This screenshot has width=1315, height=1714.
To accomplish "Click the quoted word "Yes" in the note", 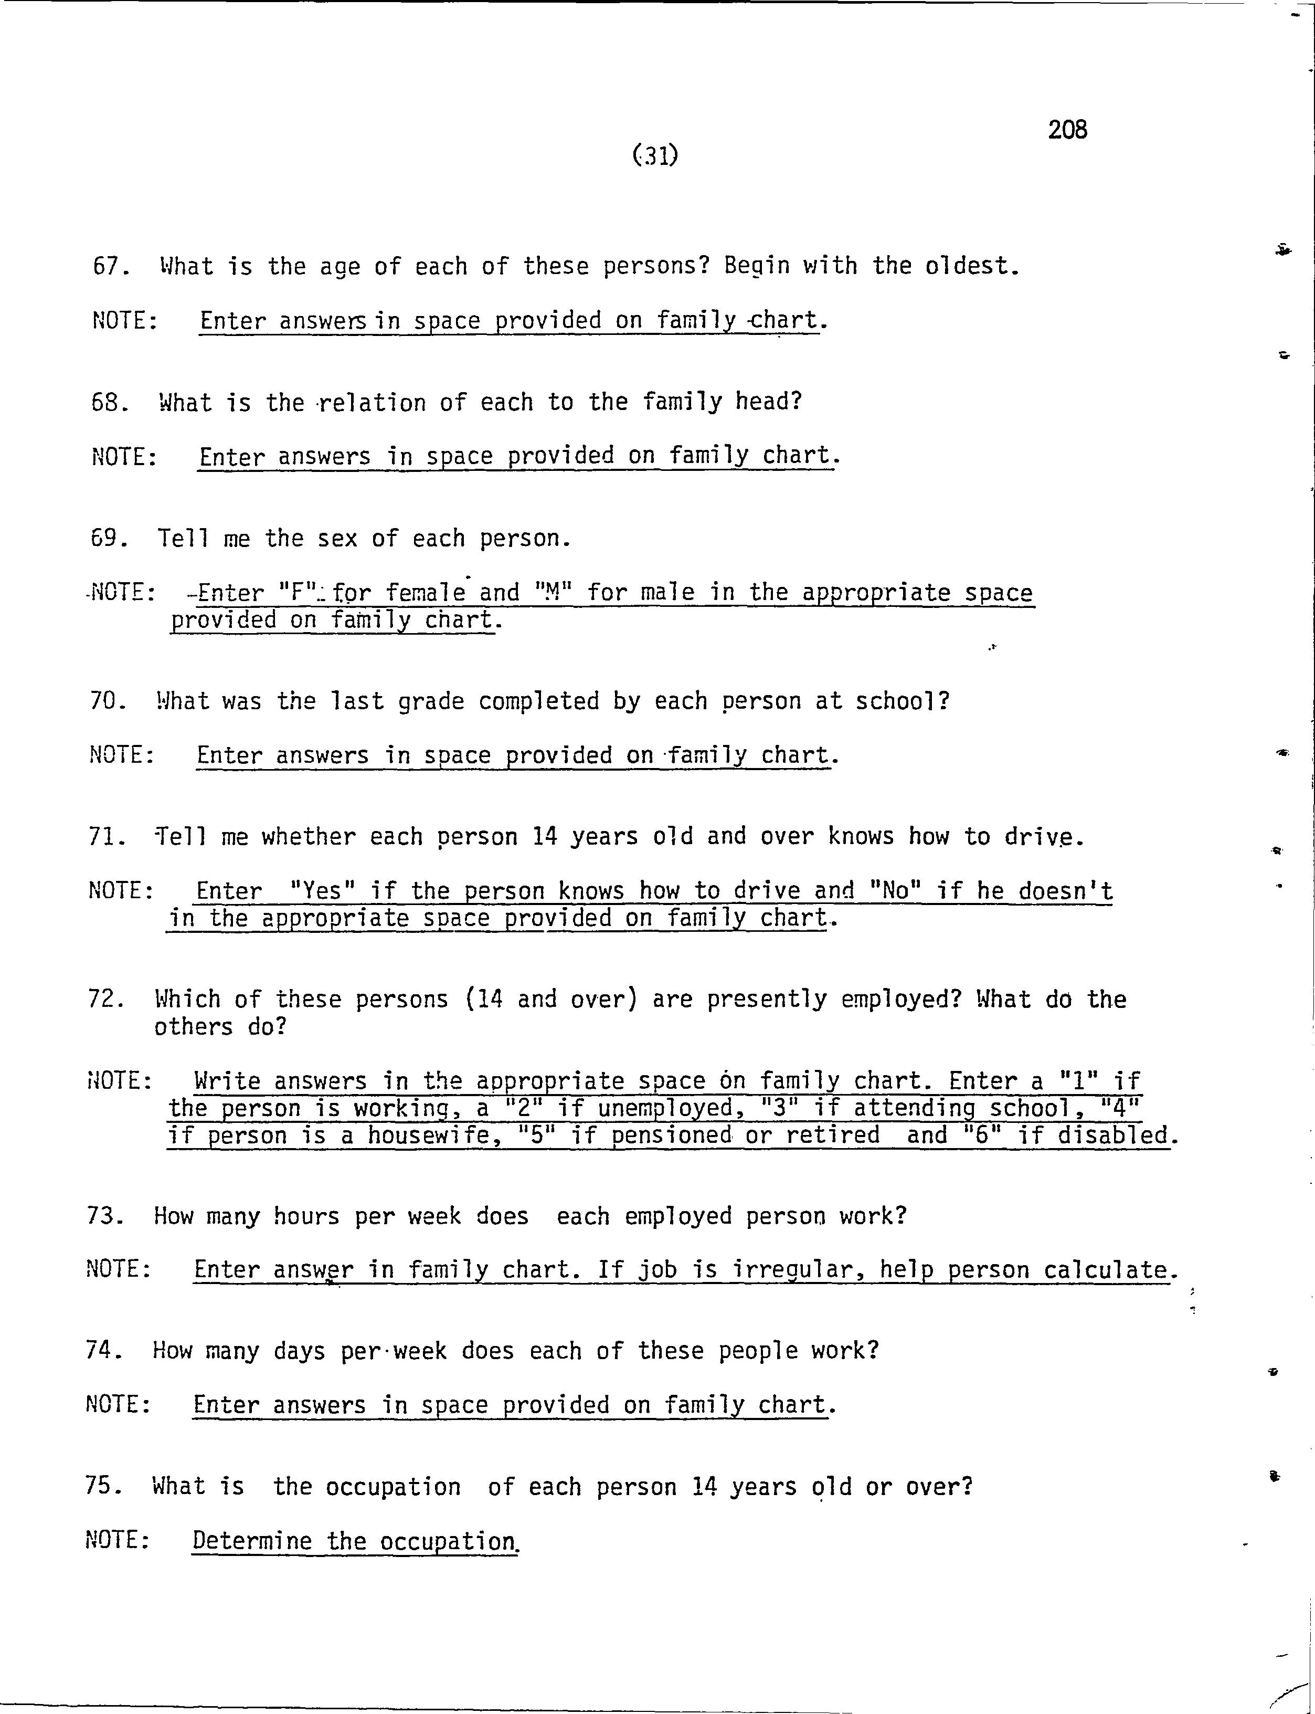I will point(323,890).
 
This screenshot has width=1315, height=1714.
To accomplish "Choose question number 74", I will point(103,1351).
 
